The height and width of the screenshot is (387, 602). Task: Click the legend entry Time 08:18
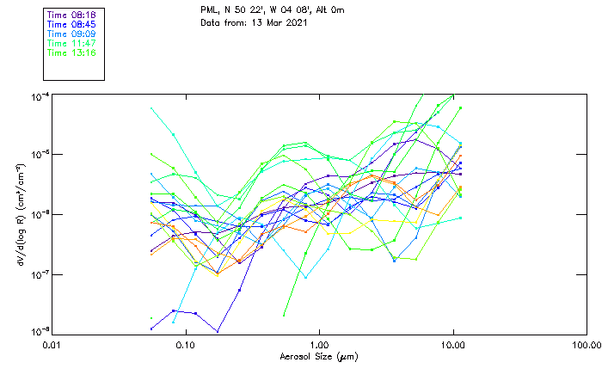coord(72,15)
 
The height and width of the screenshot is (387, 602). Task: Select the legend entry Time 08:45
coord(72,25)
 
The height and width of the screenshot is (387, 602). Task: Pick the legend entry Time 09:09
coord(72,34)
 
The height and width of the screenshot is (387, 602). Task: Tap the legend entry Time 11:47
coord(72,43)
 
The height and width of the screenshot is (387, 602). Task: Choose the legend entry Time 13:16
coord(72,52)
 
